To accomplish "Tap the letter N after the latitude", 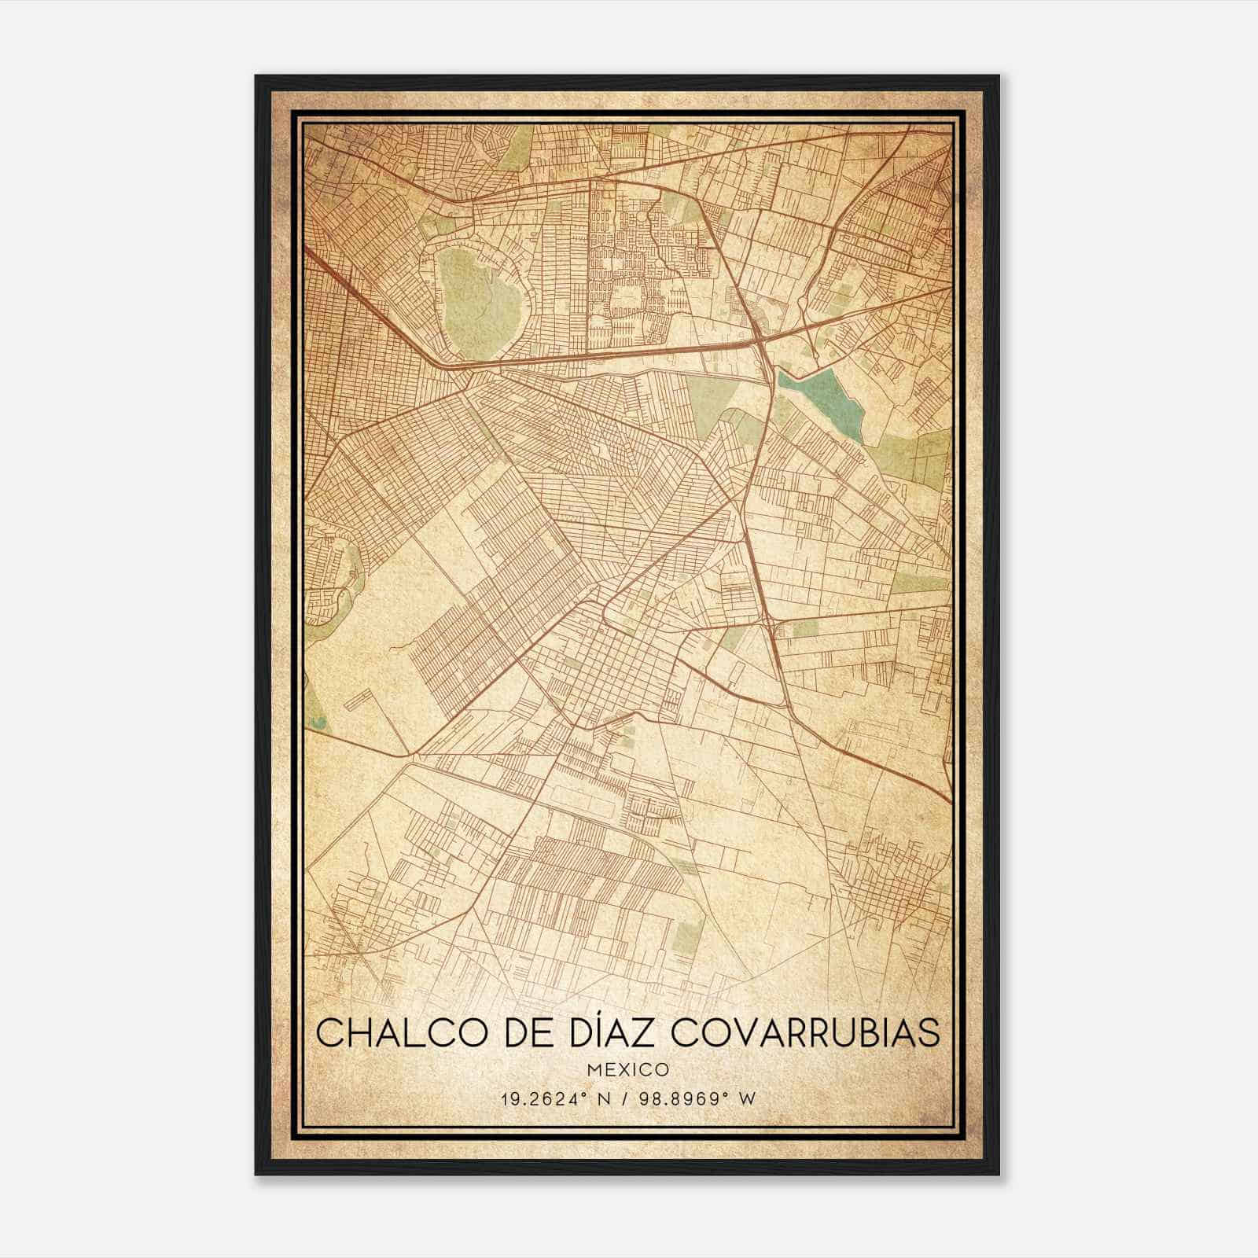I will (x=603, y=1099).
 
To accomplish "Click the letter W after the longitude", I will (x=747, y=1099).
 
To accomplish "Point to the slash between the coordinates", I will (x=626, y=1099).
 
